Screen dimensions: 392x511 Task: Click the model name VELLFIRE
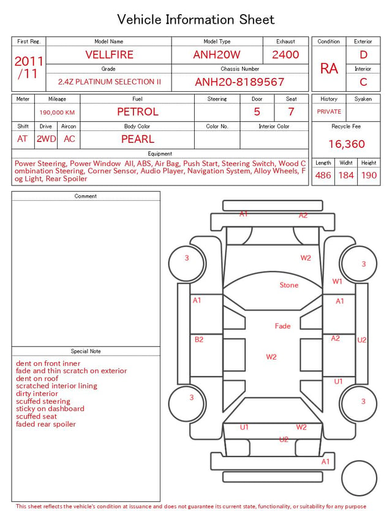click(109, 54)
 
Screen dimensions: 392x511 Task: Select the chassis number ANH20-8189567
click(239, 82)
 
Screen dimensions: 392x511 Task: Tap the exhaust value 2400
click(285, 54)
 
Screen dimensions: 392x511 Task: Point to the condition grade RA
click(329, 69)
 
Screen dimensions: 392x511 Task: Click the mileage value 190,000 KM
click(57, 113)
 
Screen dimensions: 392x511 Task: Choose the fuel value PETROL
click(138, 112)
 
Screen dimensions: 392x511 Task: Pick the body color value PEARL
click(138, 139)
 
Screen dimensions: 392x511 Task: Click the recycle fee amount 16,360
click(346, 144)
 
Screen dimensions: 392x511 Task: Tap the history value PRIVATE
click(329, 111)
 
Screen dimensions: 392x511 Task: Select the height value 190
click(369, 175)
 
